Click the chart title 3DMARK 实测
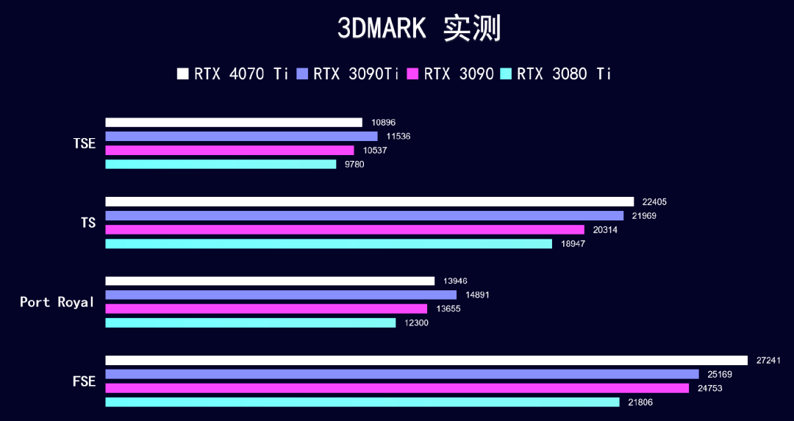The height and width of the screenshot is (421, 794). (418, 28)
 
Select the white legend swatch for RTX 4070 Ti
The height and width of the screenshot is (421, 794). (183, 73)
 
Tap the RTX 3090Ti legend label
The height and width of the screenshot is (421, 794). (357, 73)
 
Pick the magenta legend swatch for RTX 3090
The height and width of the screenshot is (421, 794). (412, 73)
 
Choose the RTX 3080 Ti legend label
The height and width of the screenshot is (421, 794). (564, 73)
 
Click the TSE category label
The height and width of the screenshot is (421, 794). (85, 143)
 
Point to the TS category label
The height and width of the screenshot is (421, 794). (88, 223)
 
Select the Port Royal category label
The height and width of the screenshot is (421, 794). (57, 302)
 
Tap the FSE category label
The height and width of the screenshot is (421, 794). (85, 381)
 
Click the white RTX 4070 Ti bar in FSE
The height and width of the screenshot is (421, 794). (426, 361)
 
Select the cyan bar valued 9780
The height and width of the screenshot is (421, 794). (221, 165)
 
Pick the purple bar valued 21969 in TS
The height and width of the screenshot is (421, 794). (365, 216)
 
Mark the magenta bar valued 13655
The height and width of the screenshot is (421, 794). (266, 309)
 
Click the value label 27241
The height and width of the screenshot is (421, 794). (768, 361)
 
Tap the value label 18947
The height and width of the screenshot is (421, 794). (573, 243)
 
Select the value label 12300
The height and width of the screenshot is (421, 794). (417, 323)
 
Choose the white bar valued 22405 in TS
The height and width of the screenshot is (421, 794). (370, 202)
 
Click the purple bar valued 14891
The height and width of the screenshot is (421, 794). (281, 295)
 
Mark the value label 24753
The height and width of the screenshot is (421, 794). (710, 388)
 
